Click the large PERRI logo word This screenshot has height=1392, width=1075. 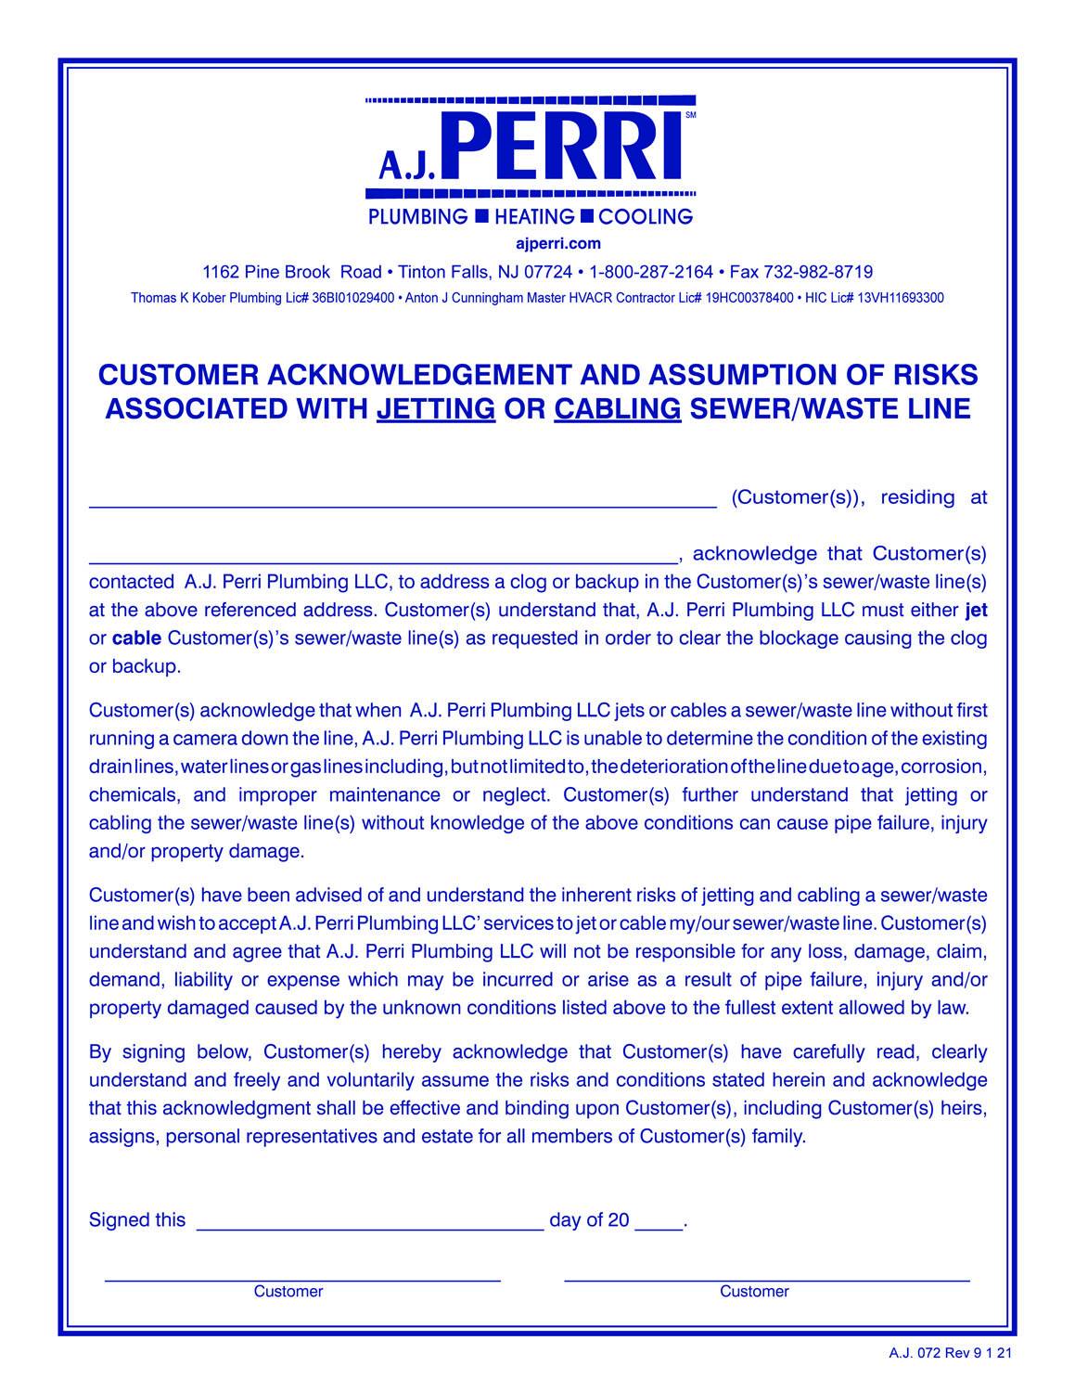click(x=567, y=147)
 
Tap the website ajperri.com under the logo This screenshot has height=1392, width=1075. click(x=557, y=244)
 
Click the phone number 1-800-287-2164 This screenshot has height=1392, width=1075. click(x=650, y=272)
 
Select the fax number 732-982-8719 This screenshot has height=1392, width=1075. click(x=817, y=272)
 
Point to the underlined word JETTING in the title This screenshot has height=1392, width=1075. click(x=436, y=409)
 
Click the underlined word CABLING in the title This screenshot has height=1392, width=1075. click(x=618, y=409)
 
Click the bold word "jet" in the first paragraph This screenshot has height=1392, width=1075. click(x=976, y=611)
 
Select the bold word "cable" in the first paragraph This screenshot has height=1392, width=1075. click(x=136, y=638)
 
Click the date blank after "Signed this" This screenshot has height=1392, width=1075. click(x=370, y=1222)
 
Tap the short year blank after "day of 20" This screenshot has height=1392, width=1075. click(x=659, y=1222)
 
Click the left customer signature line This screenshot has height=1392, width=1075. click(x=302, y=1276)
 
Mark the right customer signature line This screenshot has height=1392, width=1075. click(x=767, y=1276)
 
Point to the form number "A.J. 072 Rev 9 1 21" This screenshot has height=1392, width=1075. click(x=950, y=1354)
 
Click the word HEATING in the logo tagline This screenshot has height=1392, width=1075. click(x=534, y=217)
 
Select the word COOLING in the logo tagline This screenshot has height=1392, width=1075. click(x=646, y=217)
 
